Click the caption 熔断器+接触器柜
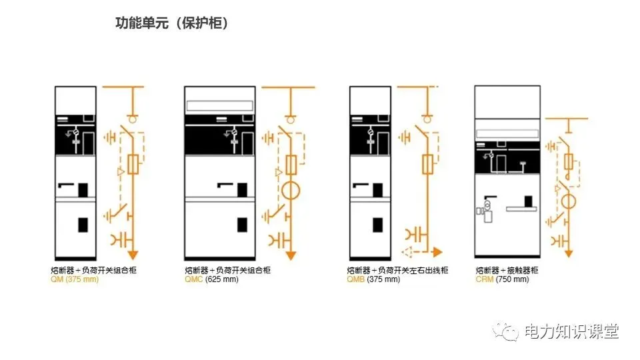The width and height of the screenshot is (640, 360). (507, 270)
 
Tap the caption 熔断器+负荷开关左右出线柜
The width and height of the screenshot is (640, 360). (397, 270)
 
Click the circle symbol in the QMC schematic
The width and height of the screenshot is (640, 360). (291, 189)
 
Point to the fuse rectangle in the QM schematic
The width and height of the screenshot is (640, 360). (133, 165)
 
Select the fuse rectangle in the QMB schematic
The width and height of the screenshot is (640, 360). (429, 163)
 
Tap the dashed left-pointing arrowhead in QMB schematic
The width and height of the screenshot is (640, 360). (406, 252)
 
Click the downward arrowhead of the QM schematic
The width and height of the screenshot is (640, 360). (133, 254)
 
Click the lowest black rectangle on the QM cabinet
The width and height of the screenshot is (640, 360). (84, 225)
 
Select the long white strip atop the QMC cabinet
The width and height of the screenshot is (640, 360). (221, 105)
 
